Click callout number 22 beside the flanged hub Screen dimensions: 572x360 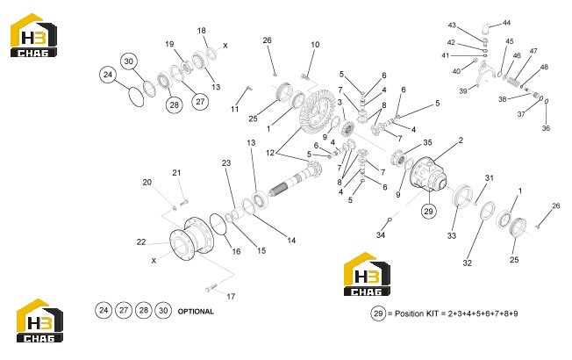point(141,241)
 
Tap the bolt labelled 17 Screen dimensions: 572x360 point(211,288)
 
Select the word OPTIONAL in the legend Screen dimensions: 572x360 point(196,312)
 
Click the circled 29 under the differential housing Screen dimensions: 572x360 point(428,211)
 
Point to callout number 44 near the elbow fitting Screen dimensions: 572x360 point(506,23)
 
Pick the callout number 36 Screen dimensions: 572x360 point(546,128)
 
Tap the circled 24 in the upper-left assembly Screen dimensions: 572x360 point(108,75)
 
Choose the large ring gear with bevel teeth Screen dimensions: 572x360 point(318,110)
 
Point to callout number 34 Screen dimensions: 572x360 point(381,235)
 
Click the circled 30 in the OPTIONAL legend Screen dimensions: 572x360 point(163,310)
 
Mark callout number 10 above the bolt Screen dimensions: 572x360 point(315,45)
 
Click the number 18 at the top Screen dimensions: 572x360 point(202,31)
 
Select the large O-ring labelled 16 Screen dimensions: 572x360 point(218,223)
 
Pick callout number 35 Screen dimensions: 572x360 point(427,142)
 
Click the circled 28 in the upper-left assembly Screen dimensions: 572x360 point(175,105)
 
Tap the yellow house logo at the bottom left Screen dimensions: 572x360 point(39,320)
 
